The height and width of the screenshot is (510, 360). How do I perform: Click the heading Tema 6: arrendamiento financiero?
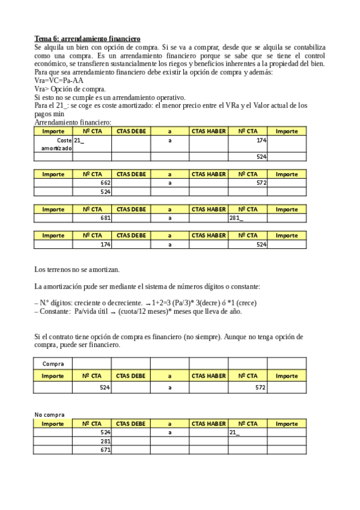click(x=87, y=38)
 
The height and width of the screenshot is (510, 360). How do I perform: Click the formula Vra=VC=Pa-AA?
click(x=59, y=81)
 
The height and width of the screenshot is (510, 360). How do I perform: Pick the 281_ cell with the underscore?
click(x=236, y=218)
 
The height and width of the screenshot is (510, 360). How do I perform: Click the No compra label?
click(x=49, y=414)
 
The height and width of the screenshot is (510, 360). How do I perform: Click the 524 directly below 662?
click(x=105, y=191)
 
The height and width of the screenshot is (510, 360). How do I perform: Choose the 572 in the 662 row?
click(x=260, y=182)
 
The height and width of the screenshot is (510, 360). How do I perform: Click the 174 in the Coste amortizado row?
click(x=260, y=140)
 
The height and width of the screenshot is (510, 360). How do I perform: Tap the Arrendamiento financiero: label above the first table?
click(x=64, y=122)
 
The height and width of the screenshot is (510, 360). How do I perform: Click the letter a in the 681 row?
click(x=170, y=218)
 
